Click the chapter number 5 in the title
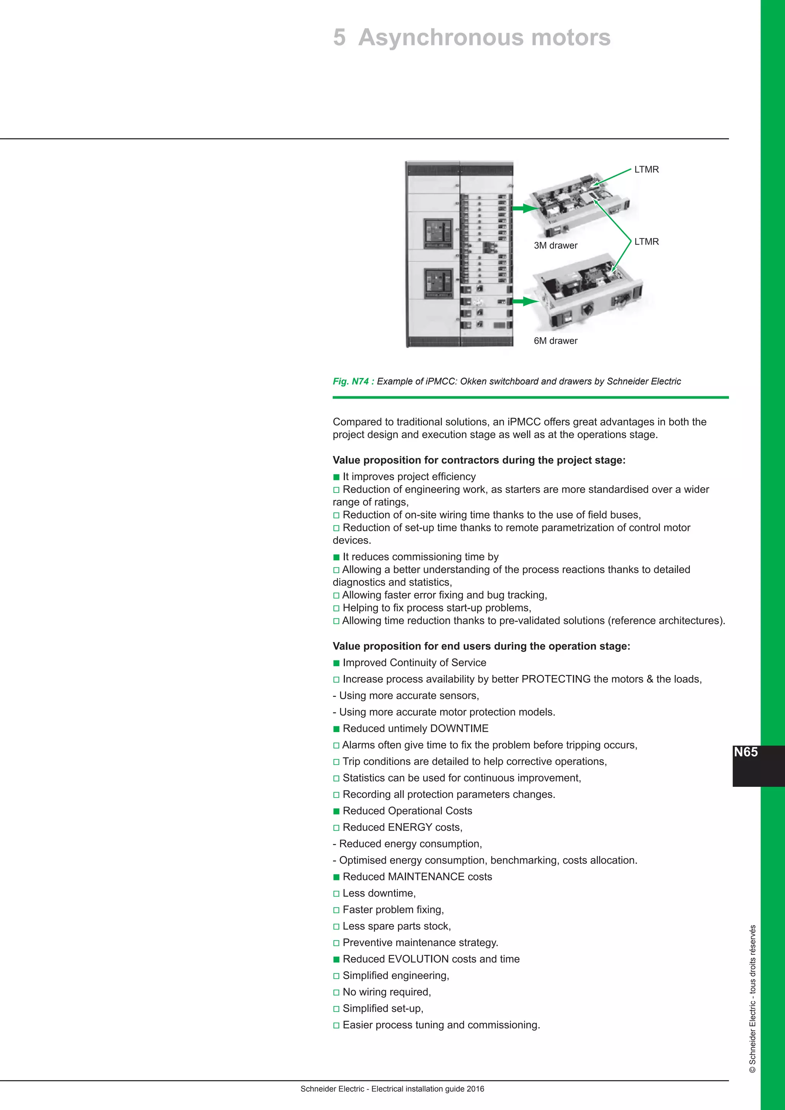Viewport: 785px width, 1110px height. [x=339, y=38]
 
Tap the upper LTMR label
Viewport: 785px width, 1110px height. [x=646, y=170]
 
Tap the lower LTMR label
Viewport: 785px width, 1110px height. [x=646, y=242]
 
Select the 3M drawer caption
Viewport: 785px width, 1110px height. [x=555, y=246]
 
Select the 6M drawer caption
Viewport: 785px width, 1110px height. [x=555, y=341]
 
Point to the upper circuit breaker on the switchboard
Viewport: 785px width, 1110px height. [x=438, y=233]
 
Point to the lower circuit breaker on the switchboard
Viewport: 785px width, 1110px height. [x=438, y=283]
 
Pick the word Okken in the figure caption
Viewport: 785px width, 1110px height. [x=474, y=381]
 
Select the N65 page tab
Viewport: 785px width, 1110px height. [x=746, y=752]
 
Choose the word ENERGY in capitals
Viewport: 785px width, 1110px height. [x=410, y=827]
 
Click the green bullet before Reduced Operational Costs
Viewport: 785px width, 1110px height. [x=337, y=811]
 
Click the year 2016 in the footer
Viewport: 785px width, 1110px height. [x=476, y=1089]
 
